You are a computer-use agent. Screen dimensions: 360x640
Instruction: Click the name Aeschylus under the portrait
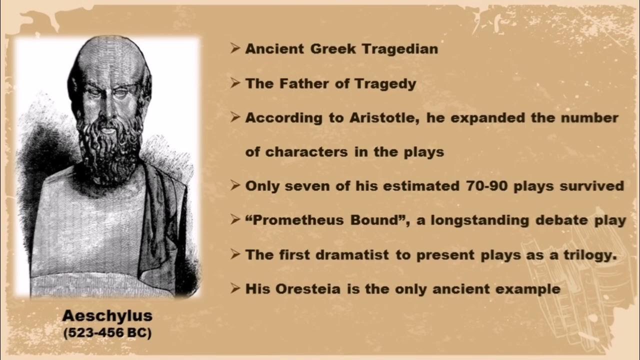pos(107,316)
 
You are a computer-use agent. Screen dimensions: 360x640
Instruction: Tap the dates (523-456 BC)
pos(107,333)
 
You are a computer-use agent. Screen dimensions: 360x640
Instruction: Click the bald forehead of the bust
pos(107,62)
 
